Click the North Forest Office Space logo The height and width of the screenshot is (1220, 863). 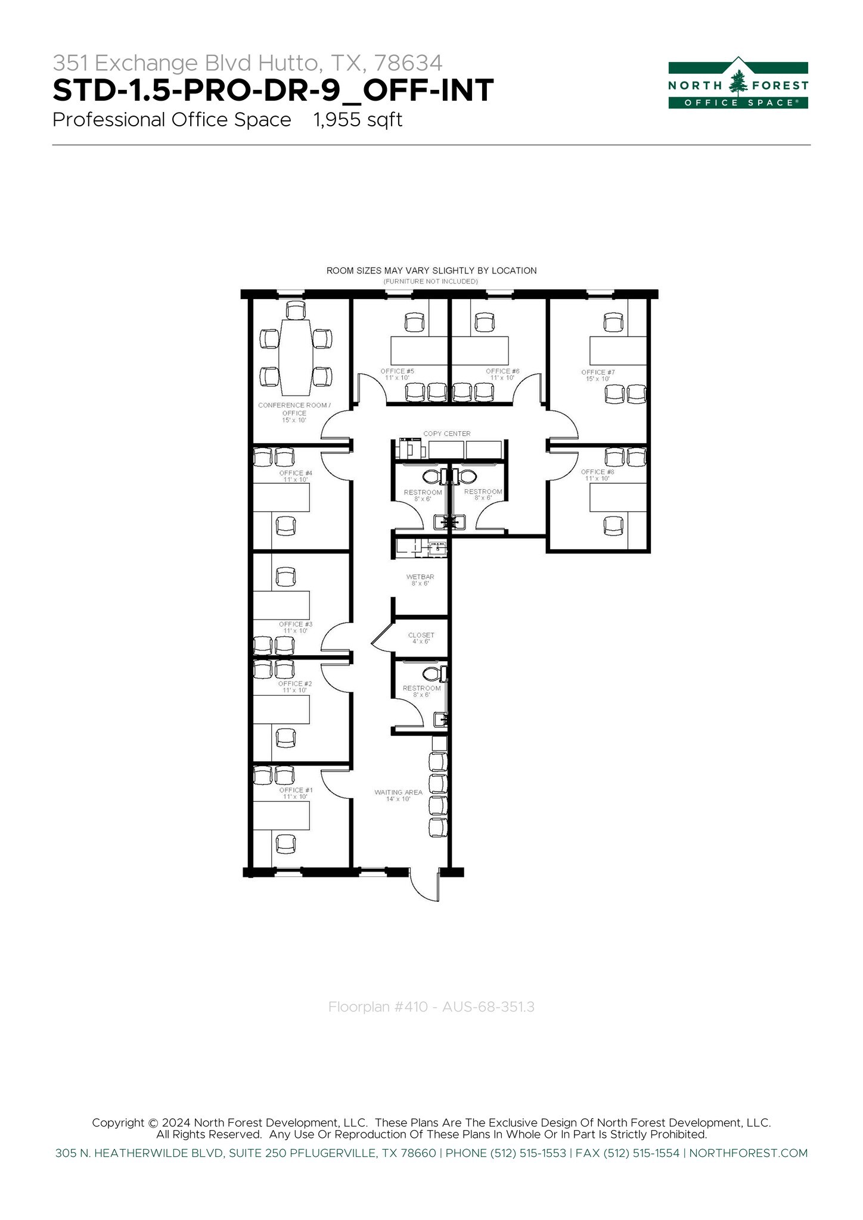[738, 85]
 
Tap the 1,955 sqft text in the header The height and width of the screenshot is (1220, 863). [358, 120]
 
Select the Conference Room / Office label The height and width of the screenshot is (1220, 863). [294, 412]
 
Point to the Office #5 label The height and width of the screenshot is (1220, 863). [397, 374]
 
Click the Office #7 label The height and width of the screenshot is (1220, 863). [598, 375]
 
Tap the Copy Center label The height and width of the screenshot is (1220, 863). [446, 434]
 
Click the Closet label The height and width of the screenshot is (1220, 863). [421, 638]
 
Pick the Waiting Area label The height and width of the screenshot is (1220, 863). [398, 795]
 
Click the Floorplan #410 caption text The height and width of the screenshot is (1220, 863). [431, 1007]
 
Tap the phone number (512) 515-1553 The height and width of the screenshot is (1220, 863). [527, 1153]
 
